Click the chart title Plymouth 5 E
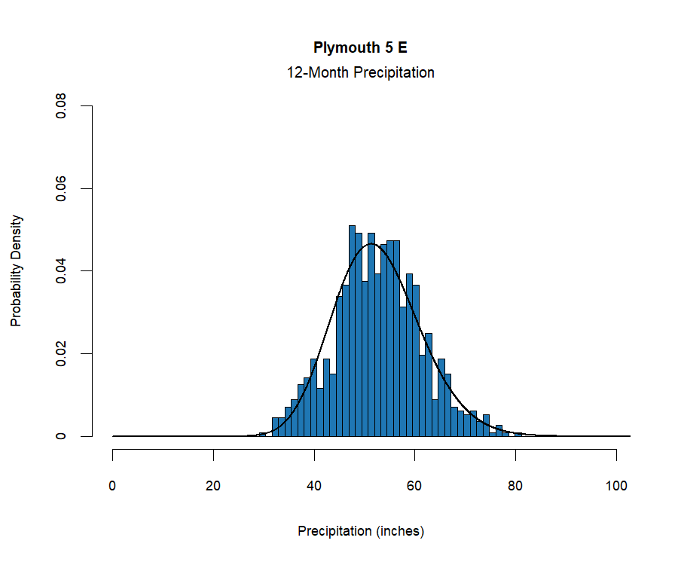point(360,48)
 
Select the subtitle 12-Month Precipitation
point(360,73)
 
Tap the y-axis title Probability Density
point(17,271)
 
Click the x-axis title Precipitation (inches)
point(361,531)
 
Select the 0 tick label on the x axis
point(113,485)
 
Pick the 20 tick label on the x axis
point(214,485)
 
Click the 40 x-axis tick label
point(314,485)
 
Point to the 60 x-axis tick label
point(415,485)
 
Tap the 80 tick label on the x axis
point(515,485)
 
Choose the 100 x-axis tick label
point(616,485)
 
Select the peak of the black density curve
point(371,244)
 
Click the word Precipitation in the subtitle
point(392,73)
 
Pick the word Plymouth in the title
point(343,48)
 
